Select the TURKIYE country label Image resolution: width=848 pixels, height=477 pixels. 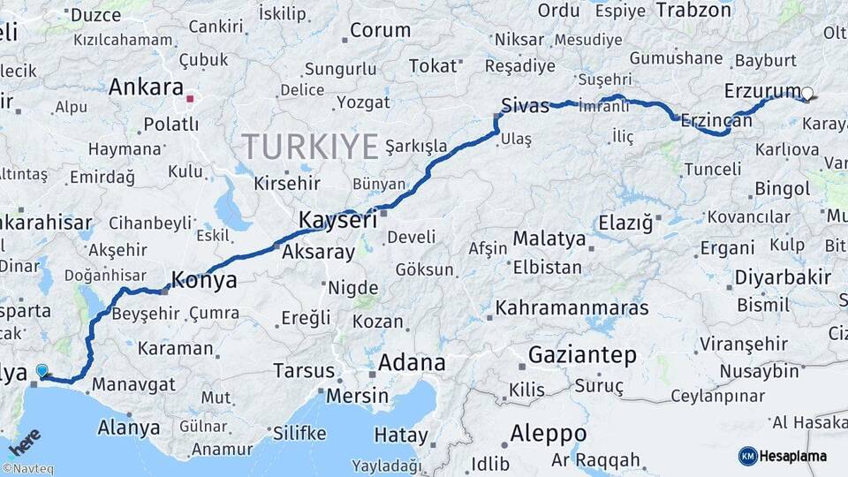click(310, 146)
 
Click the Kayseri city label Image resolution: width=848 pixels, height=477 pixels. click(338, 219)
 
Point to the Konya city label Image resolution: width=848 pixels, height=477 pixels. click(203, 280)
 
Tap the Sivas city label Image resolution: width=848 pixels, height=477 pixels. click(525, 104)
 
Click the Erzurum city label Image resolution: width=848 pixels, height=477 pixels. click(761, 91)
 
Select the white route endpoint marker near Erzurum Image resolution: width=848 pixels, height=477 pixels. click(806, 93)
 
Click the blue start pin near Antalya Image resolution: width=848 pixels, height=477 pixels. click(42, 371)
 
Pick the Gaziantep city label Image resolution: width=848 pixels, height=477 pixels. click(582, 355)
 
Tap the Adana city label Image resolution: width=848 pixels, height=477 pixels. click(412, 363)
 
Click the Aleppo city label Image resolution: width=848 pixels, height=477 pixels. click(548, 434)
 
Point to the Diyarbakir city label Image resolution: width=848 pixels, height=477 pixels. click(783, 277)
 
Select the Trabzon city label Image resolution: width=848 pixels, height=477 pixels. click(693, 11)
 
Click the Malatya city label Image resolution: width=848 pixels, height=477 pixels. click(549, 238)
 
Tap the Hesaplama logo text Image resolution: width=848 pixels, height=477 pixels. click(794, 456)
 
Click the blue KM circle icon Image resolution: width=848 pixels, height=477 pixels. click(747, 456)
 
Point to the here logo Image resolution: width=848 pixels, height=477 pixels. click(24, 442)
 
